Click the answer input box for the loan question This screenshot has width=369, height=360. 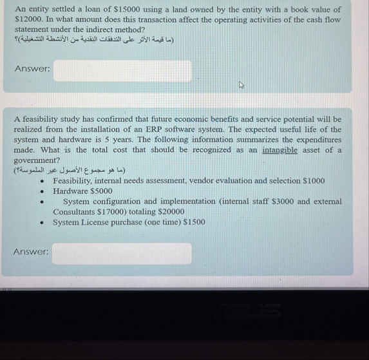click(x=122, y=71)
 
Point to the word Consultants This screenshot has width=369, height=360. click(x=74, y=211)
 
